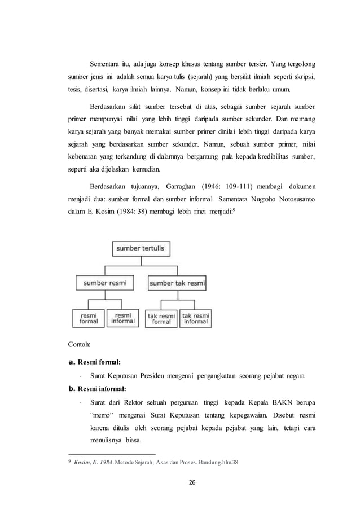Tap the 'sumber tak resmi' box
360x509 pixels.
[x=178, y=282]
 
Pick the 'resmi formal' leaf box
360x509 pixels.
[x=88, y=318]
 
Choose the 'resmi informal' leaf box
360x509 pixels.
[x=123, y=318]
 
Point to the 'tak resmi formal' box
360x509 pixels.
[x=161, y=318]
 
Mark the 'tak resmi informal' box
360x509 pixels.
[x=195, y=318]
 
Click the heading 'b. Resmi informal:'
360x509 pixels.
[x=97, y=389]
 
